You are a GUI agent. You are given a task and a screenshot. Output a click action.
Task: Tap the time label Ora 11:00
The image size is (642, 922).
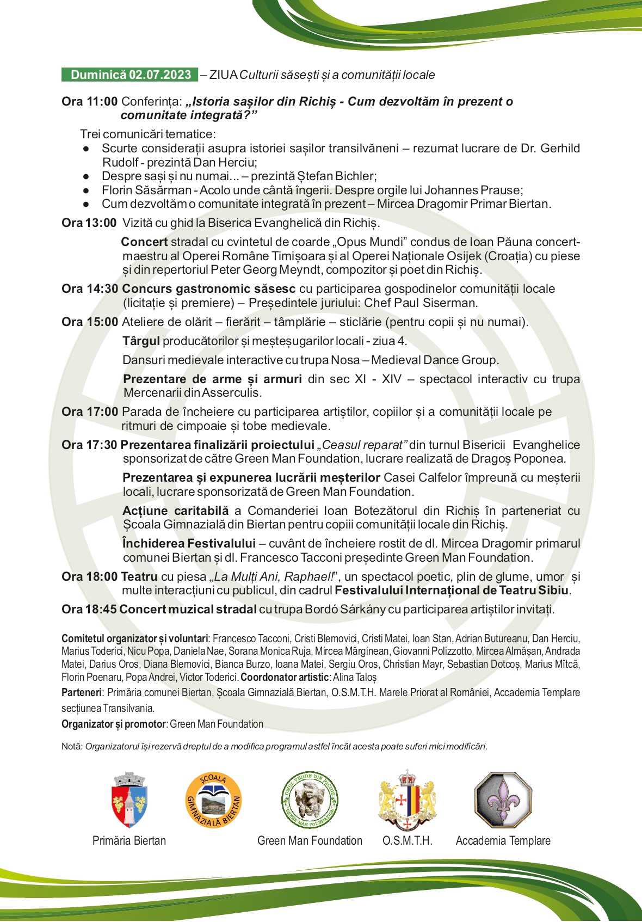tap(89, 102)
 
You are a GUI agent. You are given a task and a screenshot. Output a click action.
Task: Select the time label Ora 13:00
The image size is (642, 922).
tap(89, 223)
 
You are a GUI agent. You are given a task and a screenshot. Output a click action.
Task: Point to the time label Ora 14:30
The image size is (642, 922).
tap(89, 289)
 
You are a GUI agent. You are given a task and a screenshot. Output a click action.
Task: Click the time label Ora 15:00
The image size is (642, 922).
tap(89, 322)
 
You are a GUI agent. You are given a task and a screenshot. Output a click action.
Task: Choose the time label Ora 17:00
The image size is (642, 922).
tap(89, 412)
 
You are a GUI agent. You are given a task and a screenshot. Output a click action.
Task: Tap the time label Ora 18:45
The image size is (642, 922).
tap(89, 610)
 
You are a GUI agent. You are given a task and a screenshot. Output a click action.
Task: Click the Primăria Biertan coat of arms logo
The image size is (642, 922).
tap(129, 800)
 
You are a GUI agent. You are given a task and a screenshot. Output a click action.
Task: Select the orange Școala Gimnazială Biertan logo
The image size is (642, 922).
tap(213, 800)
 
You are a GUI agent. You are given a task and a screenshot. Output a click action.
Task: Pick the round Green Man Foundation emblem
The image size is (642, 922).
tap(310, 800)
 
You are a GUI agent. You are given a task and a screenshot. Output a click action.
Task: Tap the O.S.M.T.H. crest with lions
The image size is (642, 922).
tap(408, 800)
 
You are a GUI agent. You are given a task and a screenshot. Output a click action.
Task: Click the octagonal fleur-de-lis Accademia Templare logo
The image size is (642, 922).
tap(503, 800)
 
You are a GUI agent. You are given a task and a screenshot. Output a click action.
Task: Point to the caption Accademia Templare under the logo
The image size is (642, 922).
tap(503, 841)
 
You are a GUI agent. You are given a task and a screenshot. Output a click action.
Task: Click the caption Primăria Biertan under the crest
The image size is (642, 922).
tap(129, 841)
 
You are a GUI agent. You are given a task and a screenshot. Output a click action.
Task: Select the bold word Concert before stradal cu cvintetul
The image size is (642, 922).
tap(144, 242)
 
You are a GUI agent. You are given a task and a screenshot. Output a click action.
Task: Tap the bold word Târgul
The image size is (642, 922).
tap(141, 341)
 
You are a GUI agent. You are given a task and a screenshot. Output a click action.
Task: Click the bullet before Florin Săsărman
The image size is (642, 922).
tap(86, 190)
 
